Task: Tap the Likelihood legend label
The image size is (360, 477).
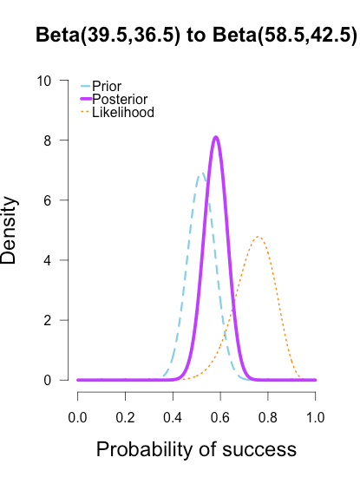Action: point(123,113)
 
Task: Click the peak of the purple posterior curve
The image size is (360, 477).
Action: point(216,137)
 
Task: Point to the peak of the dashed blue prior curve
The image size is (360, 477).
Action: point(201,173)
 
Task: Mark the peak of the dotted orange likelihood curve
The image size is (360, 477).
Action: point(258,236)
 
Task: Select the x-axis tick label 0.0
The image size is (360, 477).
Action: point(78,418)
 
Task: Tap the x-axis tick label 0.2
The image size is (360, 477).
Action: point(126,418)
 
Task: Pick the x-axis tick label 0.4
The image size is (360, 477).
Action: point(173,418)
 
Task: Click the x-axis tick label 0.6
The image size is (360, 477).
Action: point(220,418)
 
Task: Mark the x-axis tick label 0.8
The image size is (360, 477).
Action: point(268,418)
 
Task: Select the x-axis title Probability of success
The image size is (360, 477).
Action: point(196,450)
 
